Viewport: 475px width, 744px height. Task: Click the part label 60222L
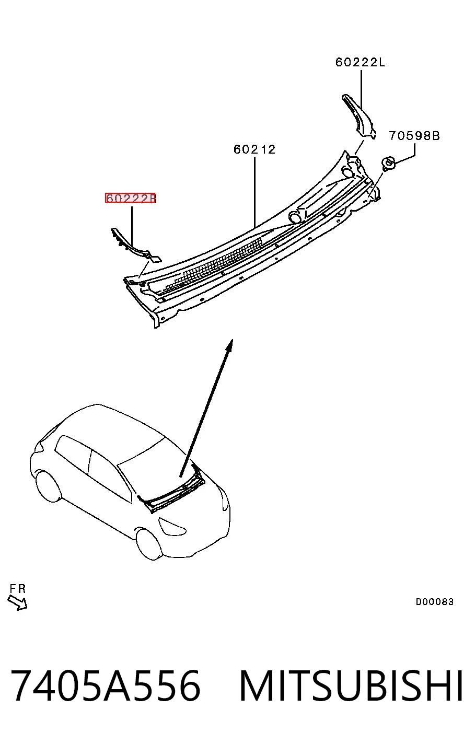(360, 62)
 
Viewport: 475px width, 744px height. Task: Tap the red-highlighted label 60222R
(131, 199)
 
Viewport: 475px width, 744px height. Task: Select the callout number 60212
(254, 149)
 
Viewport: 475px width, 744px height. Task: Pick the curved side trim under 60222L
(360, 116)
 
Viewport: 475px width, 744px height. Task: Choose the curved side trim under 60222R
(134, 246)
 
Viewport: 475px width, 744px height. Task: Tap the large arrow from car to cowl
(206, 408)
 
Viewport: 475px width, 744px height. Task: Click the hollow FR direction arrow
(17, 602)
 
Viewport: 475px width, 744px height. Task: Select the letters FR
(18, 589)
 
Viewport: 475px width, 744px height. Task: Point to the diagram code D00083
(434, 602)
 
